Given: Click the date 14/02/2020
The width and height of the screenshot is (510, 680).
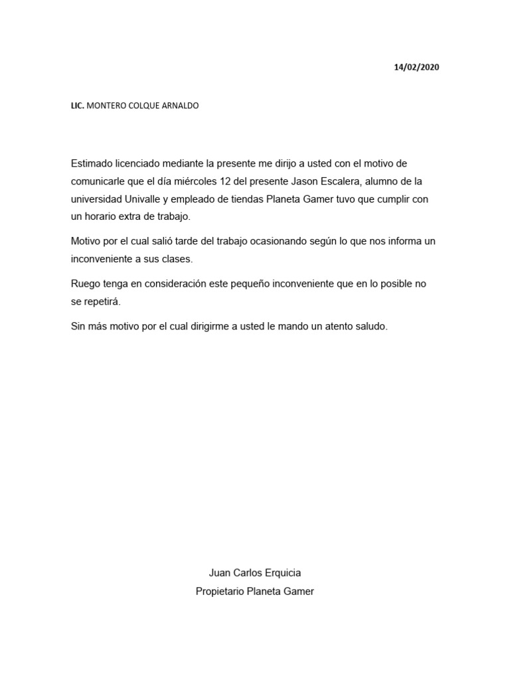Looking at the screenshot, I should [416, 67].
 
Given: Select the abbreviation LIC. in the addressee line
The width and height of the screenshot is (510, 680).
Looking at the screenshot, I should [78, 106].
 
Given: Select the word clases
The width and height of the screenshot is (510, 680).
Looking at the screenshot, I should [177, 260].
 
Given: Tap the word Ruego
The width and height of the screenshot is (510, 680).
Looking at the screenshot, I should [86, 284].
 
